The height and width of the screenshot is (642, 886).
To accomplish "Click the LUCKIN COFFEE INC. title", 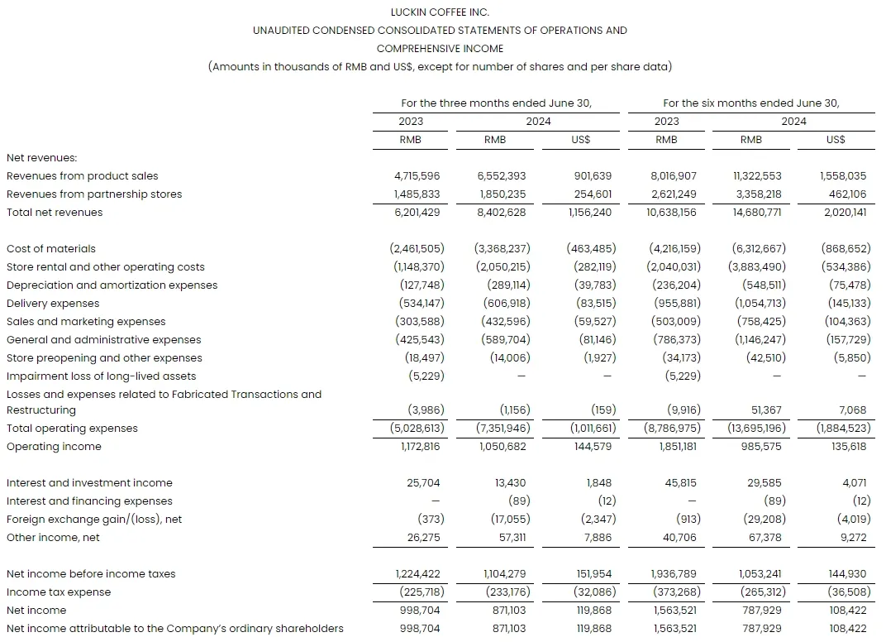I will pos(440,12).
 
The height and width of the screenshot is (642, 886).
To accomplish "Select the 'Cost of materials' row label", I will pos(51,248).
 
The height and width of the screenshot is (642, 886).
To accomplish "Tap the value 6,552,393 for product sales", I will pos(502,175).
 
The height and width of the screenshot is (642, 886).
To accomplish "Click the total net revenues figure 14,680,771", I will pos(757,212).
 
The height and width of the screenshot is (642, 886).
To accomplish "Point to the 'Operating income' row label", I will pos(54,446).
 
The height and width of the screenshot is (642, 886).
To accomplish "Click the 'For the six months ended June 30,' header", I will pos(750,103).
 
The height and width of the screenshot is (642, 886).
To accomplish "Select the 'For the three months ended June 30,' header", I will pos(496,103).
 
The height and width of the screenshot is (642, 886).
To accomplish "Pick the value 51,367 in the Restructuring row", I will pos(764,410).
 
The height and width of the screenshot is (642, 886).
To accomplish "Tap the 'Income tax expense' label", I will pos(59,592).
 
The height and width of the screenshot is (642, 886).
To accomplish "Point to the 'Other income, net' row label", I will pos(53,537).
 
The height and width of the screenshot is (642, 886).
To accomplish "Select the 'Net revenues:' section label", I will pos(41,157).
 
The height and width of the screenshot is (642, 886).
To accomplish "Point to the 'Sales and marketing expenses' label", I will pos(86,321).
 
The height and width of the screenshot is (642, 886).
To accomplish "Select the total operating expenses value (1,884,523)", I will pos(841,428).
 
